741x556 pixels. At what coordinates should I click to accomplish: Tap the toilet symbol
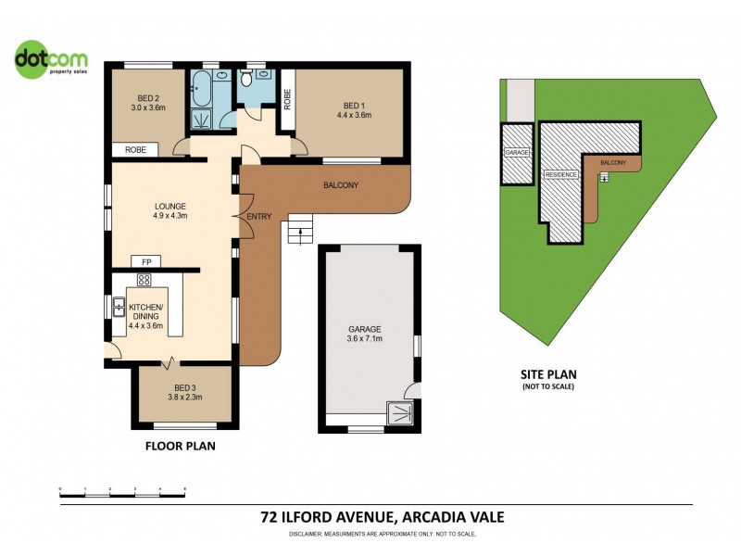(249, 79)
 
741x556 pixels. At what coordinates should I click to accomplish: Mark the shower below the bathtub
(201, 119)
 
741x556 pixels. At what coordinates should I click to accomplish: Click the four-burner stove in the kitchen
(144, 280)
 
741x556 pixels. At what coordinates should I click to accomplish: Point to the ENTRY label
(259, 216)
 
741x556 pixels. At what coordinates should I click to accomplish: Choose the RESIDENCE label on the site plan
(561, 174)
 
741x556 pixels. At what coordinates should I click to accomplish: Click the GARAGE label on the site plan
(515, 152)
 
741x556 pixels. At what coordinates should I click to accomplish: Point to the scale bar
(122, 488)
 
